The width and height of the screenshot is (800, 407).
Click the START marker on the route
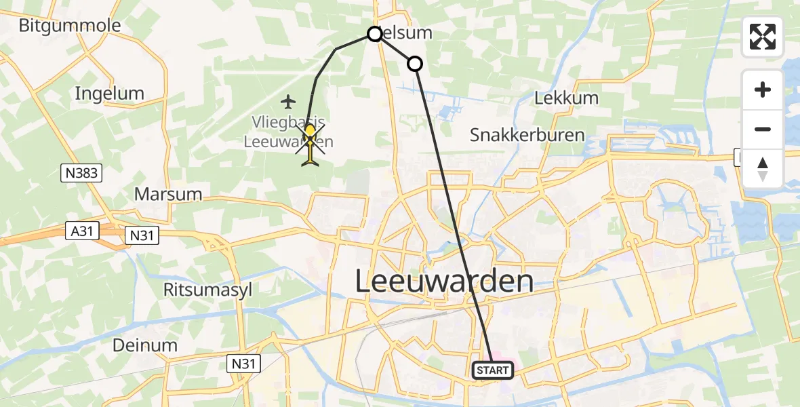coord(492,370)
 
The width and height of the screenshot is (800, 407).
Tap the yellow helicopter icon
coord(311,143)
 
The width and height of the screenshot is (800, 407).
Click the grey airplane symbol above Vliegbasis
coord(289,102)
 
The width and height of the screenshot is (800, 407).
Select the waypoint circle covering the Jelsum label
coord(375,33)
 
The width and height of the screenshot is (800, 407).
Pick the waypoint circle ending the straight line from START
coord(414,64)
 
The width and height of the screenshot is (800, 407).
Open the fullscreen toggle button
coord(763,37)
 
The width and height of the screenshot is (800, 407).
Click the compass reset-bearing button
coord(763,169)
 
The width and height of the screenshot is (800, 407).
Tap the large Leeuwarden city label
coord(444,282)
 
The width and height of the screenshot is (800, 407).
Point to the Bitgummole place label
coord(70,26)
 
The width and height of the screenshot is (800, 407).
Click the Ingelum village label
coord(110,93)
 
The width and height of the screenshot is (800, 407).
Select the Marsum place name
coord(168,194)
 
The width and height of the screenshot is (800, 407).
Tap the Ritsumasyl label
coord(207,290)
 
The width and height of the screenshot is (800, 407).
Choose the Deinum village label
coord(145,345)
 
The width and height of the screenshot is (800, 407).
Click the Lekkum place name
coord(566,98)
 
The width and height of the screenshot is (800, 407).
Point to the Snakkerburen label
coord(527,135)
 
